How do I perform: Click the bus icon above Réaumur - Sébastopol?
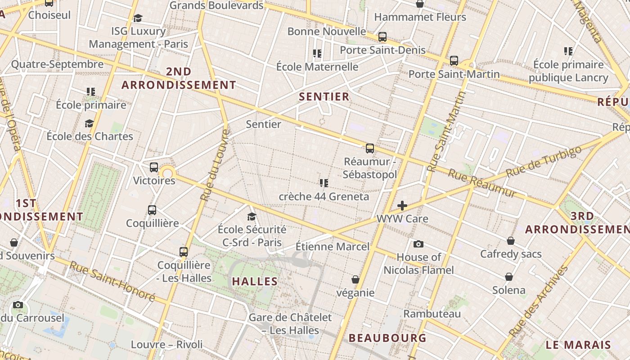(370, 148)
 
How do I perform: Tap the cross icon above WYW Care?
(402, 206)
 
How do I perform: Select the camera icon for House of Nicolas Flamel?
(418, 244)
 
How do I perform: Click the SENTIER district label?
(324, 97)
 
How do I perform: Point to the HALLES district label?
(255, 282)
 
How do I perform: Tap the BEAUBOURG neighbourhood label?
(387, 337)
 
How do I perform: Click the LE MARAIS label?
(578, 345)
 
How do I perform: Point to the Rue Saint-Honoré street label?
(112, 282)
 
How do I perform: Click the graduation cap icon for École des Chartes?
(89, 123)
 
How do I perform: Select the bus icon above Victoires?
(154, 167)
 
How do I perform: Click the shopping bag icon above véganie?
(355, 280)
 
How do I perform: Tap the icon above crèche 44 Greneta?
(324, 183)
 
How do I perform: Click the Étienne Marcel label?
(332, 247)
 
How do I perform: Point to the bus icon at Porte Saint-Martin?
(454, 60)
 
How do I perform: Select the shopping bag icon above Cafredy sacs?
(510, 241)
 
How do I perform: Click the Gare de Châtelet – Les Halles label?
(290, 324)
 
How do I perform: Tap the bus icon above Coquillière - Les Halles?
(184, 252)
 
